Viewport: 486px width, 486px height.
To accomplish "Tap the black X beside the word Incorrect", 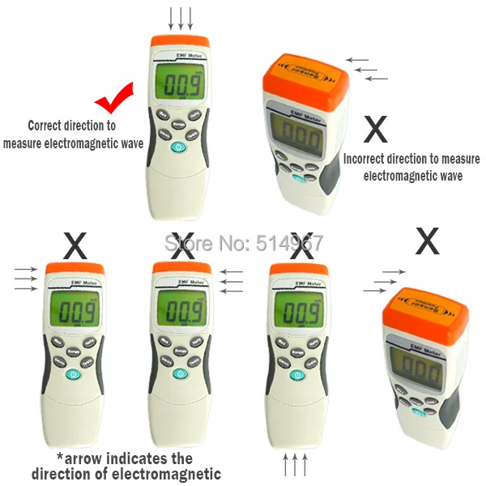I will (375, 129).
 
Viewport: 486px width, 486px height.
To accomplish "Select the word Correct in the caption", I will (46, 126).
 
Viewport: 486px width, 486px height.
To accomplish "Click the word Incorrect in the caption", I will (369, 160).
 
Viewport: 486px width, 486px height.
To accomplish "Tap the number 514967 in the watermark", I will (290, 241).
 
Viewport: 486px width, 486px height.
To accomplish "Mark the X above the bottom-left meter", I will (75, 245).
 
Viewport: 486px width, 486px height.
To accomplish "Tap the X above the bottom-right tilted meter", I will (427, 241).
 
